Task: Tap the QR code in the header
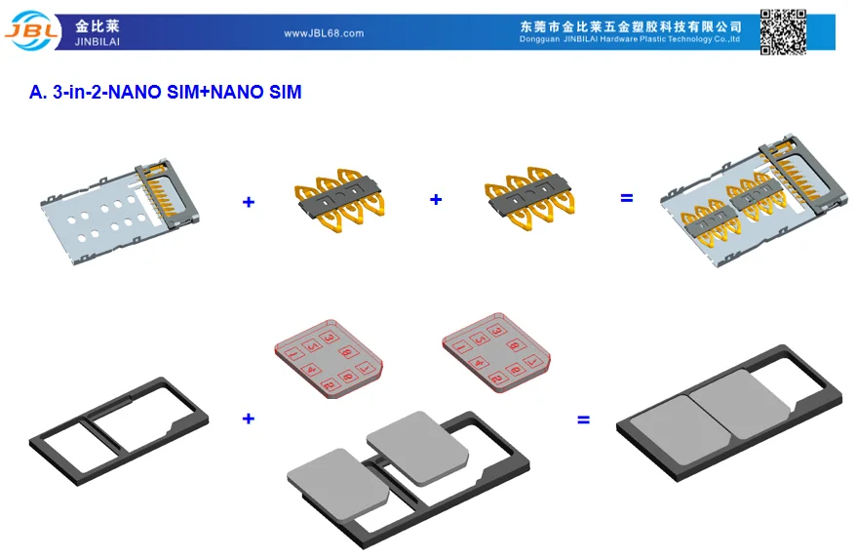[x=783, y=31]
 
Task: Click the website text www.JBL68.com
[x=324, y=33]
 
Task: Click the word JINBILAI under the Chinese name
[x=96, y=40]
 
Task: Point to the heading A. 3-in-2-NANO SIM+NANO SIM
[x=166, y=93]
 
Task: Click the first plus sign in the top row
[x=249, y=202]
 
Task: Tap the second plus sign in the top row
[x=436, y=199]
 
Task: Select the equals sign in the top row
[x=627, y=198]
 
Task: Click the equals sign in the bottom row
[x=584, y=420]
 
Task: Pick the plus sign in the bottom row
[x=249, y=419]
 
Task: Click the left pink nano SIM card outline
[x=322, y=357]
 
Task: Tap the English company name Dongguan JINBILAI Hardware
[x=630, y=39]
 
